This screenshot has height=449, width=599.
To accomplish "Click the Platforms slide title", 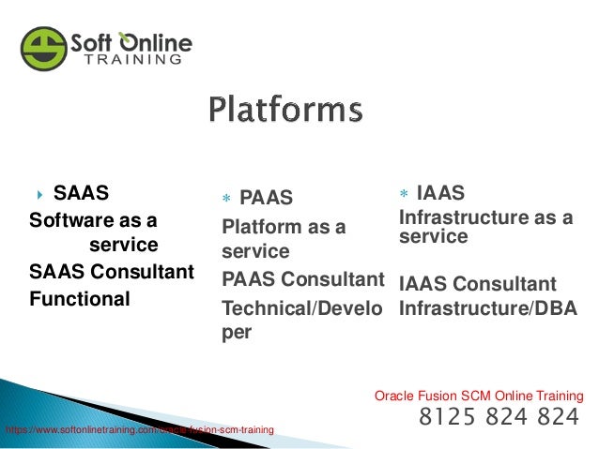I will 284,110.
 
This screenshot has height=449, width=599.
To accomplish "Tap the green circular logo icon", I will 44,47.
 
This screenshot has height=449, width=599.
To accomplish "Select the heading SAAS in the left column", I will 81,194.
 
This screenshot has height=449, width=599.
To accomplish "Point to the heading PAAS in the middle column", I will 267,198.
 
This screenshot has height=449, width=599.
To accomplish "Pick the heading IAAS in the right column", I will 440,193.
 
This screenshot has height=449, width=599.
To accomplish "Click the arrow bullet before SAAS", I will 41,195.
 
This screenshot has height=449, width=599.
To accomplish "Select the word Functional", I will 80,300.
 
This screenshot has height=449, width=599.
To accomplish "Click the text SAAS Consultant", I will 112,273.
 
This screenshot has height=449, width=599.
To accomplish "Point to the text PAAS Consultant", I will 303,279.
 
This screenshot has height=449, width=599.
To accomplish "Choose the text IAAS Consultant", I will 478,283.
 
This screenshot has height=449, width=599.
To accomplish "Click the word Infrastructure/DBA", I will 488,307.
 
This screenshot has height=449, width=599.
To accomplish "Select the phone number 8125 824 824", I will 499,416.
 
